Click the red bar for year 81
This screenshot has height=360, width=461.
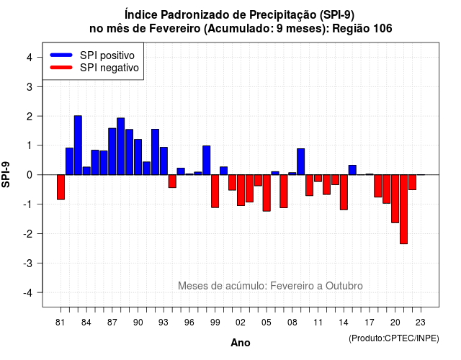[61, 187]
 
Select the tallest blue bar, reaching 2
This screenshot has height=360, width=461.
[78, 145]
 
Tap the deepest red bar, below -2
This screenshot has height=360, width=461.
[403, 210]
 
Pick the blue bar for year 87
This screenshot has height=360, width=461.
[112, 151]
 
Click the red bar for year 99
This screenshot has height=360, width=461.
[215, 192]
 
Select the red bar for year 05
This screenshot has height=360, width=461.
[267, 193]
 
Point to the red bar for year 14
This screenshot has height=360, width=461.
[344, 192]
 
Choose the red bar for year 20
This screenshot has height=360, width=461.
[395, 199]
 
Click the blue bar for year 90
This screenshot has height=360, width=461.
[138, 157]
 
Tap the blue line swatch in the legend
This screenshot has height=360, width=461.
[61, 55]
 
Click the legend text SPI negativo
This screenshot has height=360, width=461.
[109, 68]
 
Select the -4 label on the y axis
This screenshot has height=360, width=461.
[29, 293]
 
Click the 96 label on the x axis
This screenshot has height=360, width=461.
[189, 323]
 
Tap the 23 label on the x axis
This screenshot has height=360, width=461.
[421, 323]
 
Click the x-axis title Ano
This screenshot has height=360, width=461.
[241, 343]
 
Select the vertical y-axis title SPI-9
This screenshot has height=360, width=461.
[6, 174]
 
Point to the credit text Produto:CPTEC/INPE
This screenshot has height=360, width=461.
[394, 338]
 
